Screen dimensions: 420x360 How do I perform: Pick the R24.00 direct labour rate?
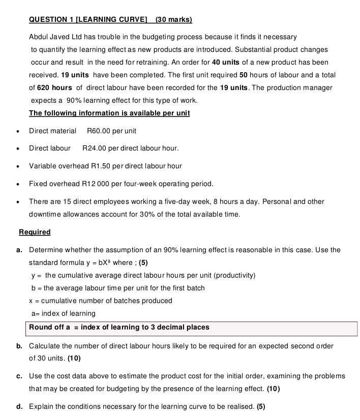[x=94, y=148]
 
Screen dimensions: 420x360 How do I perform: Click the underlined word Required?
[x=35, y=232]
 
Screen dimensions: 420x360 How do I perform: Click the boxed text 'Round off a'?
[x=49, y=327]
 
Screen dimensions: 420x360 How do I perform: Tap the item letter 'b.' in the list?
[x=19, y=346]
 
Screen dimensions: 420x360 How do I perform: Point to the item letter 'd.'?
[x=19, y=406]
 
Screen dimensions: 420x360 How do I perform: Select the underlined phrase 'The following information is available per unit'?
[x=109, y=113]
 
